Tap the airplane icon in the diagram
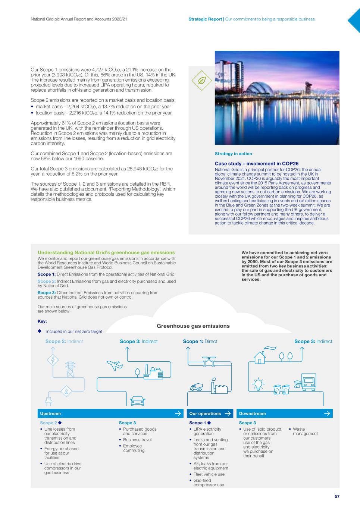pos(115,365)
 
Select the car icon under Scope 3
pos(137,400)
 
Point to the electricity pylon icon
pos(70,369)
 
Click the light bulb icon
pos(258,384)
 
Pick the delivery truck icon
pos(309,380)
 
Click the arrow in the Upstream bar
pos(178,414)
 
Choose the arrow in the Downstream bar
pos(327,414)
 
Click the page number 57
pos(337,496)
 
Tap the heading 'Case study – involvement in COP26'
pos(257,163)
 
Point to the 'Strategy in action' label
pos(233,154)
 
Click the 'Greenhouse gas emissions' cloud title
pos(193,326)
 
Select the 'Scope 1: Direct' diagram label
pos(200,341)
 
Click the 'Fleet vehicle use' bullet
pos(209,474)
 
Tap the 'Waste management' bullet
pos(305,431)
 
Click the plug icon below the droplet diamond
pos(48,400)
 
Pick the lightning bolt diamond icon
pos(53,360)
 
